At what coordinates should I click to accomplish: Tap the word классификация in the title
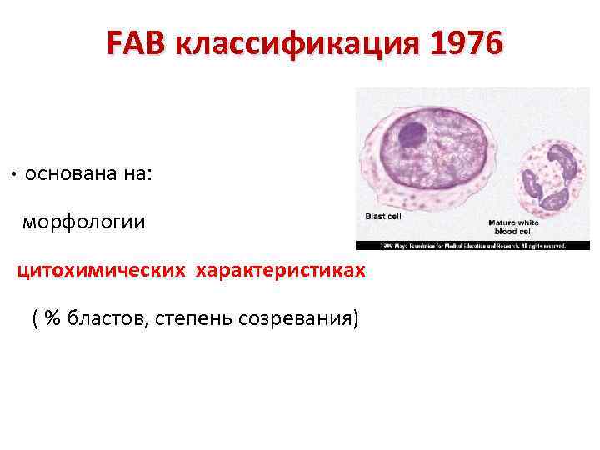(292, 43)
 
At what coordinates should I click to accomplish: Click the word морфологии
(83, 222)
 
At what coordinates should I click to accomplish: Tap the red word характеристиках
(280, 271)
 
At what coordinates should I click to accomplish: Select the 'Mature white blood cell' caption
(513, 227)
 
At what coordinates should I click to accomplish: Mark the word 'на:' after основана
(136, 174)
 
